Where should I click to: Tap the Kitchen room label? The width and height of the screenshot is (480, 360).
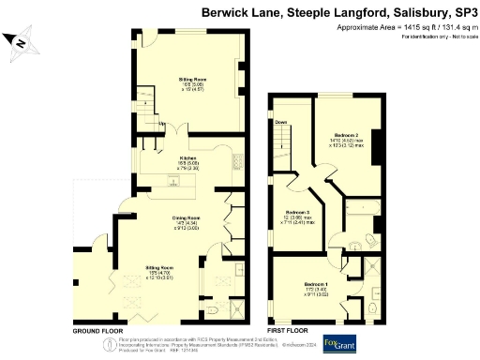point(187,158)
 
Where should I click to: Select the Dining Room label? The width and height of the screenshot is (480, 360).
point(187,217)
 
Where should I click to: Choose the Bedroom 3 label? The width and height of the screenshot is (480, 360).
point(297,212)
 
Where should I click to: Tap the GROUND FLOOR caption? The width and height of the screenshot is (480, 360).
point(97,331)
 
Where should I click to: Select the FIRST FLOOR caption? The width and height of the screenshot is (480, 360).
point(288,331)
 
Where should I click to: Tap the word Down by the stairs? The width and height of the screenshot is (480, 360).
point(280,121)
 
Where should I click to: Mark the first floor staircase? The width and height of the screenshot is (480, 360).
point(284,150)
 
